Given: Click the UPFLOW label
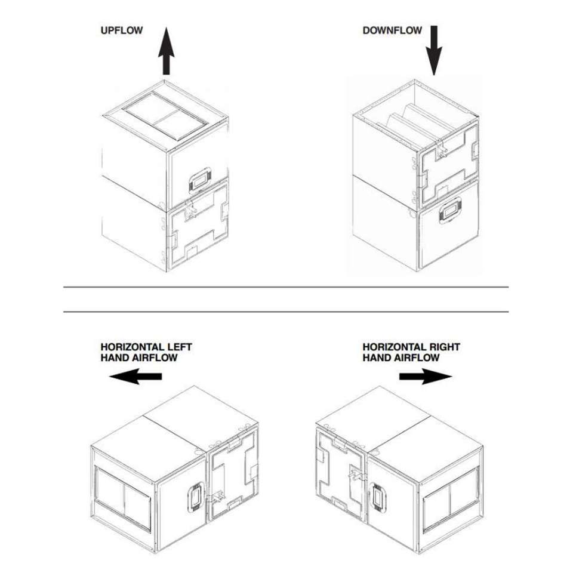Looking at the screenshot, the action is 122,30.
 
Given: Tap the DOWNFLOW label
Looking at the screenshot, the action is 392,30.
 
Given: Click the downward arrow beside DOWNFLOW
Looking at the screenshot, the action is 434,50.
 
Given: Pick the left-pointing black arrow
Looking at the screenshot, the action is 137,376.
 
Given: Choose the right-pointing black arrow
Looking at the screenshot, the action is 425,376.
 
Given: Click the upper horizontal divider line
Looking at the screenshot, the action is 286,287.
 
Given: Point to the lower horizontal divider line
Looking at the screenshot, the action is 286,312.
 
